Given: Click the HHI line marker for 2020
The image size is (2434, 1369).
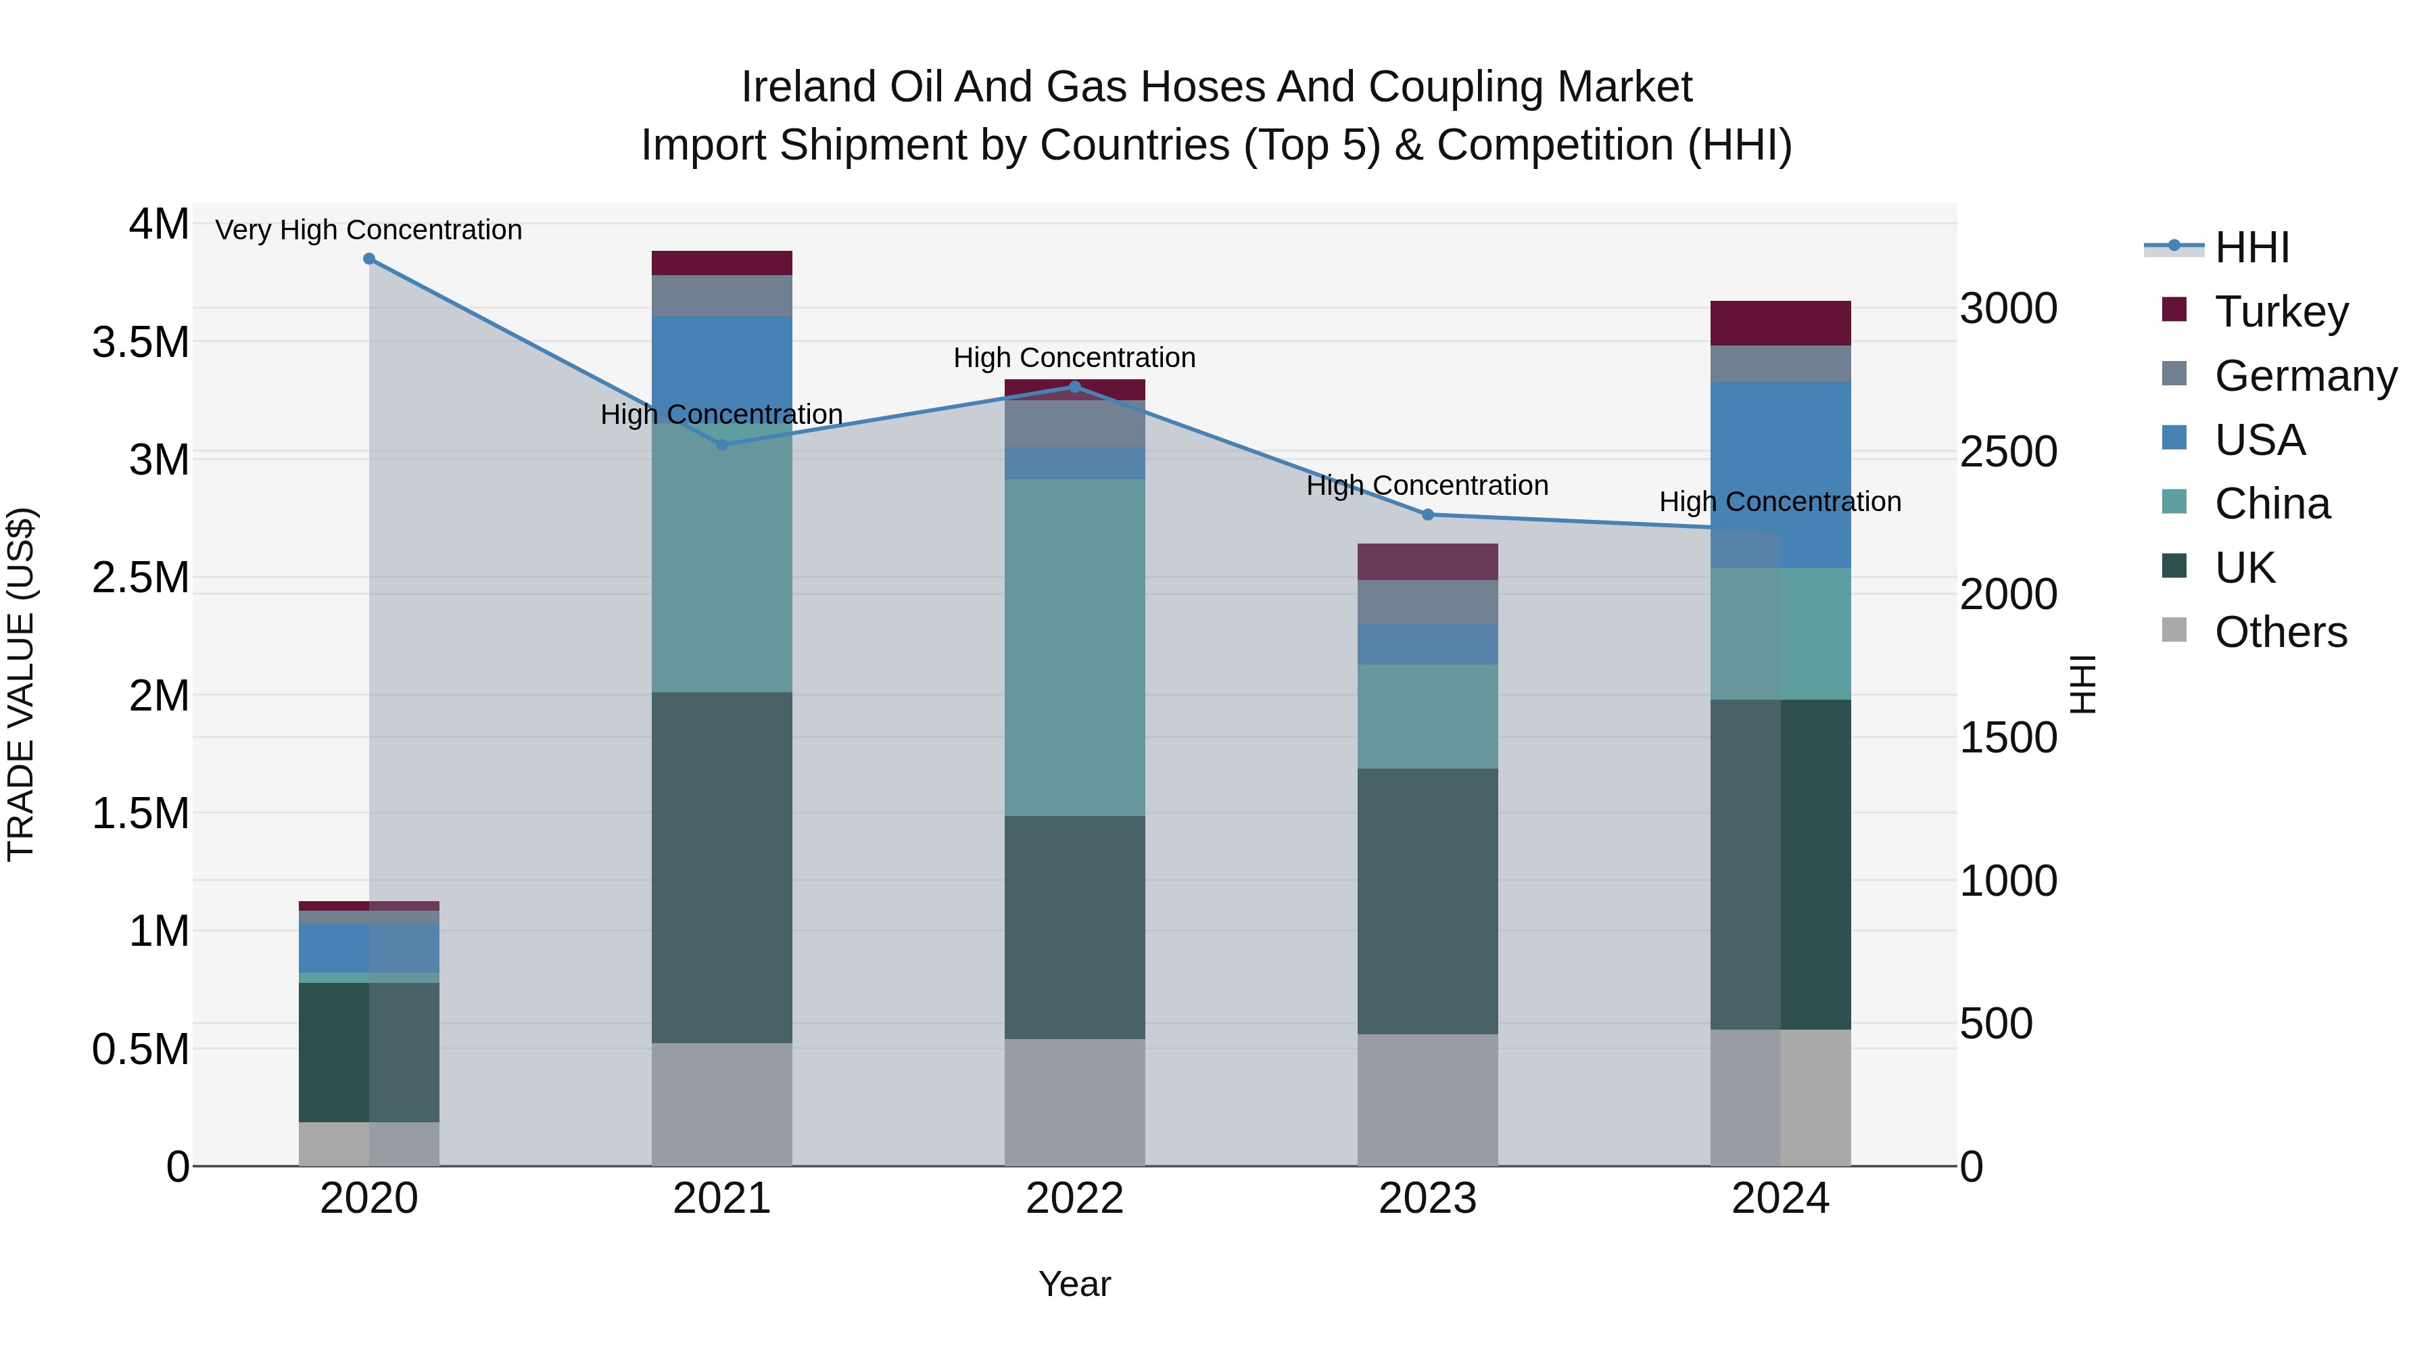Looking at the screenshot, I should point(369,259).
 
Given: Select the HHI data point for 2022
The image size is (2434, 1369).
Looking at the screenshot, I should point(1074,387).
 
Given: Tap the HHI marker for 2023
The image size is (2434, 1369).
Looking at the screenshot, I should point(1428,515).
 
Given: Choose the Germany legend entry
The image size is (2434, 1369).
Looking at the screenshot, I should point(2304,376).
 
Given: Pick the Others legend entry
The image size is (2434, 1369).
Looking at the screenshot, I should point(2279,632).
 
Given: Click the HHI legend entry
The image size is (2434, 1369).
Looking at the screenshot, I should point(2251,247).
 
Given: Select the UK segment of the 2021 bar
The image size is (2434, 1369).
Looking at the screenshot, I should point(722,867).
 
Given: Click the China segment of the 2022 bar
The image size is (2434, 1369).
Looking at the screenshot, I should point(1074,647).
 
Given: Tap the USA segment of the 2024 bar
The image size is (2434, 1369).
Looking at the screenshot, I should point(1780,475).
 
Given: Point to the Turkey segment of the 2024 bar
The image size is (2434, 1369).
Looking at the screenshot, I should point(1780,323).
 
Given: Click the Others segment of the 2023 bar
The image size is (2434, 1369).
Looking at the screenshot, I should point(1428,1100).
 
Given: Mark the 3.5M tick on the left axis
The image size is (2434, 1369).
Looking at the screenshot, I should point(141,342).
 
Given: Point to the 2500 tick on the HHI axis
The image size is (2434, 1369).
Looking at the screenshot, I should point(2009,452).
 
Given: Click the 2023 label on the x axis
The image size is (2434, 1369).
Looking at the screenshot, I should point(1428,1199).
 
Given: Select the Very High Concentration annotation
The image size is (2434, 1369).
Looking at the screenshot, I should point(368,230).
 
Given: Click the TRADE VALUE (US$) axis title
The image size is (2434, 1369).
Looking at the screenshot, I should point(21,684).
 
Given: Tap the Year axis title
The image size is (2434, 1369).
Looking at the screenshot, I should point(1074,1284).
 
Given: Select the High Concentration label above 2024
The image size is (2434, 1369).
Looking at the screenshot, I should point(1780,502).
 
